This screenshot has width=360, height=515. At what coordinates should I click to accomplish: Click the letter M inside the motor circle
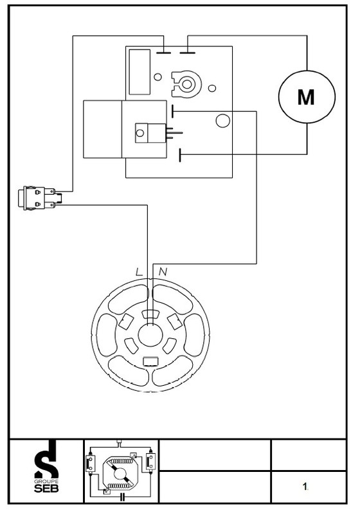point(306,97)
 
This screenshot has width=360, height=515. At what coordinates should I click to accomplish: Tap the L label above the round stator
point(139,272)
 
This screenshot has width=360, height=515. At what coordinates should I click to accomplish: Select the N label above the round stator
point(163,272)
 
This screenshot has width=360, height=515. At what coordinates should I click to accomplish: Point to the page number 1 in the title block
point(305,487)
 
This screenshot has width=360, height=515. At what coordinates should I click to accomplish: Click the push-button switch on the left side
point(40,198)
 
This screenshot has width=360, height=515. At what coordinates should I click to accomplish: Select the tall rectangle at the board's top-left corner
point(139,72)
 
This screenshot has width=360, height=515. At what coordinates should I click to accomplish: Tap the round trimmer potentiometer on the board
point(186,84)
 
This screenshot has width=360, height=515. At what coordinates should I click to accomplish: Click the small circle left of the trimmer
point(157,77)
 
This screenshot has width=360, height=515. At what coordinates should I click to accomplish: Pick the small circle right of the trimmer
point(212,88)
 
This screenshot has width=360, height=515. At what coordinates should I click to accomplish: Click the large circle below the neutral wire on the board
point(222,120)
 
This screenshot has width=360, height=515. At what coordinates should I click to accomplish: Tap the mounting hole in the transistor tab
point(140,133)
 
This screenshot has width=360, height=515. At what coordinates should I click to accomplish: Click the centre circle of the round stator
point(150,335)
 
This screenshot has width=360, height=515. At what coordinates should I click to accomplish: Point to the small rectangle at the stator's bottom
point(151,361)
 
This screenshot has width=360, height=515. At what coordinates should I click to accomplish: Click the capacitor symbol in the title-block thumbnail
point(122,496)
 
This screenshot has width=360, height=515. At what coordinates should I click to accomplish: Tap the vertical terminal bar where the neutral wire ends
point(172,111)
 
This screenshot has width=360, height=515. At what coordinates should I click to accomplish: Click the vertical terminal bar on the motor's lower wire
point(180,155)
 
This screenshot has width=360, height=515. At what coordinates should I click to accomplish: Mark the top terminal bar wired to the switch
point(163,53)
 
